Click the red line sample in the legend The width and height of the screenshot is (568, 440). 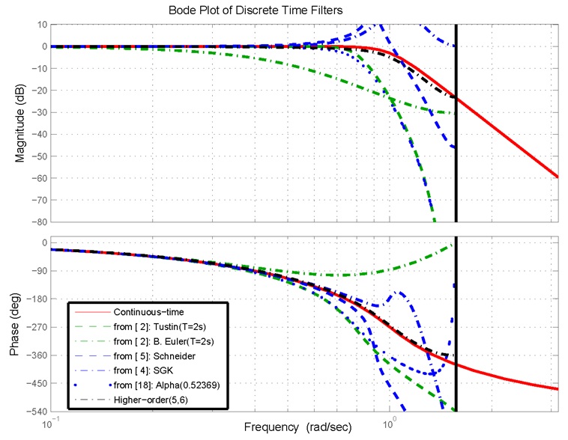pyautogui.click(x=91, y=311)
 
